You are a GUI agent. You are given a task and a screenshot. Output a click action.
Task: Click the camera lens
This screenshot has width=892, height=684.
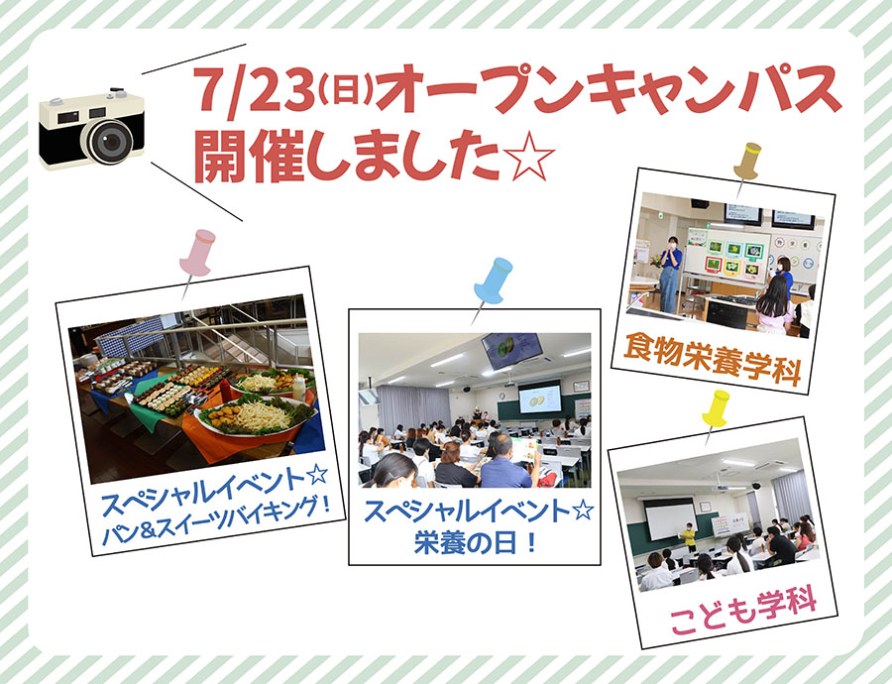[111, 141]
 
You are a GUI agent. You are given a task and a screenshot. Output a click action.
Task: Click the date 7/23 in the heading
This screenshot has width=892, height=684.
[255, 89]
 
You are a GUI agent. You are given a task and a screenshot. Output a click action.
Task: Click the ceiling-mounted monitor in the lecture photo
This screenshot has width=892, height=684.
[511, 350]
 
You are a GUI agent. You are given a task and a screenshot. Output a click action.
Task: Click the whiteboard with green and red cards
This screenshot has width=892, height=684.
[727, 255]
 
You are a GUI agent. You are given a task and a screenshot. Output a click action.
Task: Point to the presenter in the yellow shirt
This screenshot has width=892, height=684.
[689, 536]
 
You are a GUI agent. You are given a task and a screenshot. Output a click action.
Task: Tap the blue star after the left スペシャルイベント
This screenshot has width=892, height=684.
[317, 474]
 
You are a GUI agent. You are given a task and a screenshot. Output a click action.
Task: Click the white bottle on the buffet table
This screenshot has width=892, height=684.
[298, 388]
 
